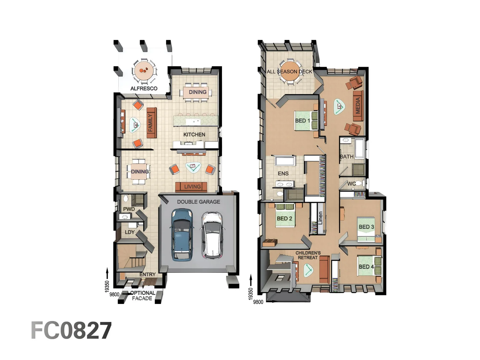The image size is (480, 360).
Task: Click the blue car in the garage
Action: pyautogui.click(x=182, y=234)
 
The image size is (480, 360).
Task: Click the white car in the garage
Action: pyautogui.click(x=212, y=235)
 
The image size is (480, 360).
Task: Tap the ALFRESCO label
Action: pyautogui.click(x=144, y=88)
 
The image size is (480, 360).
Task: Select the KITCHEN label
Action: pyautogui.click(x=194, y=134)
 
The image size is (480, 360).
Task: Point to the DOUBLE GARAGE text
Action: pyautogui.click(x=198, y=202)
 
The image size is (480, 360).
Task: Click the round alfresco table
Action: pyautogui.click(x=144, y=71)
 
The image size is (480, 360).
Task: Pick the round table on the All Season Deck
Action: pyautogui.click(x=290, y=72)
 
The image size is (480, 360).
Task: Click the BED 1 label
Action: pyautogui.click(x=302, y=121)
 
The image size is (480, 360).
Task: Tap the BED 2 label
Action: pyautogui.click(x=284, y=218)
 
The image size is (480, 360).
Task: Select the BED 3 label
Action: pyautogui.click(x=366, y=227)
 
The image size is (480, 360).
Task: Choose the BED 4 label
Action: pyautogui.click(x=366, y=266)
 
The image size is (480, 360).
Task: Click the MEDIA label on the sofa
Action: pyautogui.click(x=358, y=105)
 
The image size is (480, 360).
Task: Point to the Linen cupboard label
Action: pyautogui.click(x=320, y=218)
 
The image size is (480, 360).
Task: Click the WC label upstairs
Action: pyautogui.click(x=351, y=184)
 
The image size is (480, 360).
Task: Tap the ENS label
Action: pyautogui.click(x=283, y=173)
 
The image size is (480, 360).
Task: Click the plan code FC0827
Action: pyautogui.click(x=71, y=331)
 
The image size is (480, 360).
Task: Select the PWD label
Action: pyautogui.click(x=129, y=209)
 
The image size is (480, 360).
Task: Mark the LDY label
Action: pyautogui.click(x=130, y=232)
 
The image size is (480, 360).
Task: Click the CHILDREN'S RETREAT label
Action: pyautogui.click(x=308, y=255)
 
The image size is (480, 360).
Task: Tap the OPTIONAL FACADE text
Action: pyautogui.click(x=142, y=296)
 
